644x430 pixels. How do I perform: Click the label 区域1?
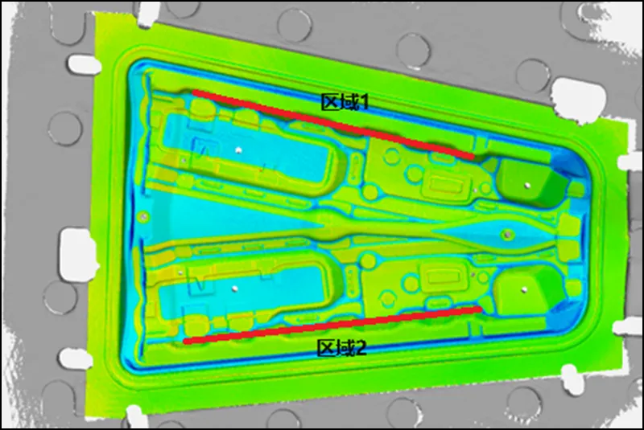coord(345,101)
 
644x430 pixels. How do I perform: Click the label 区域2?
coord(341,347)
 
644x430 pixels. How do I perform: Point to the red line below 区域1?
coord(333,124)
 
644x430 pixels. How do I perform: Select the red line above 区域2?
coord(332,324)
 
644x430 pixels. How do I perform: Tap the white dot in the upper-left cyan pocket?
coord(238,150)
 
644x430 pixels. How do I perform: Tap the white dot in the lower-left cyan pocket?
coord(234,289)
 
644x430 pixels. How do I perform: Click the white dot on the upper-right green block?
coord(527,186)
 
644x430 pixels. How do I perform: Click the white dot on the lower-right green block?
coord(524,290)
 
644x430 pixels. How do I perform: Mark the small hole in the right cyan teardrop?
coord(508,235)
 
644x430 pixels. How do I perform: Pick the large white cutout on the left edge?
coord(77,252)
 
